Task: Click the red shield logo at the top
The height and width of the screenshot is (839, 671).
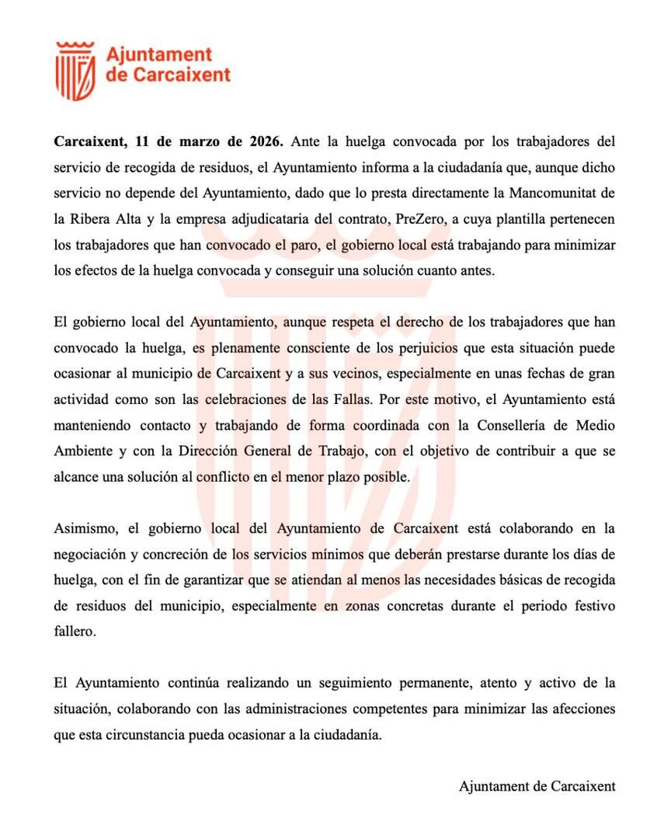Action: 75,71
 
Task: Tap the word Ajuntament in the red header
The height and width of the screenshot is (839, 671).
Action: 158,54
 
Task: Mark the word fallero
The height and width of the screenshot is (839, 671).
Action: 75,632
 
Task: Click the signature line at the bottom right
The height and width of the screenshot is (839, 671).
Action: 537,786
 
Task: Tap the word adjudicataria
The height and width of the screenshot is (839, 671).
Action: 292,220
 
